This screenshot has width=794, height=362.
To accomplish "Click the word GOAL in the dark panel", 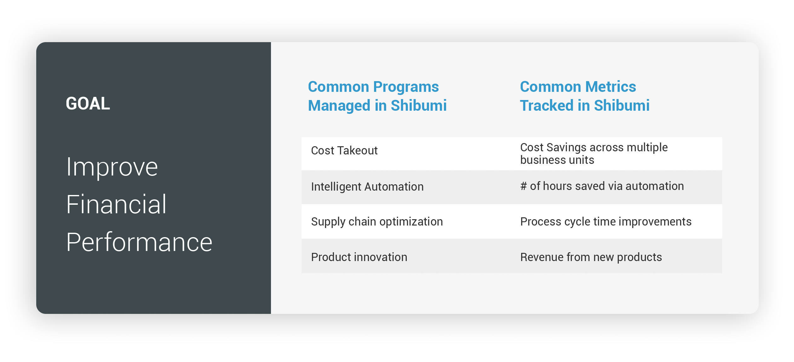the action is click(88, 103).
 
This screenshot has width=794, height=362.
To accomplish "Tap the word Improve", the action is click(112, 167).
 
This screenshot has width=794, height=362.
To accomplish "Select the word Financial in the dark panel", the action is click(116, 204).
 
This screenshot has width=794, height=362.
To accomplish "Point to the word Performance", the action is click(139, 242).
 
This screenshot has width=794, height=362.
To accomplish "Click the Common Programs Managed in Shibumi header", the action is click(377, 96).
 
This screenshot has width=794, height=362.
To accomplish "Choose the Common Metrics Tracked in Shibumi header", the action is click(585, 96).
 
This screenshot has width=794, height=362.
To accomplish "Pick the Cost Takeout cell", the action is click(344, 151).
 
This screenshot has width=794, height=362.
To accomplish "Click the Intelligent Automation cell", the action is click(367, 187).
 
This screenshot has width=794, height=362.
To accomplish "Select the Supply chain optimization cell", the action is click(377, 222).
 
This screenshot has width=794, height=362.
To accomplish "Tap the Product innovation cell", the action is click(359, 257).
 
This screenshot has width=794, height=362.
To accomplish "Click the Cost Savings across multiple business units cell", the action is click(594, 153).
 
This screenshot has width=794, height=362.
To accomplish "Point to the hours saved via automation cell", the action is click(602, 186).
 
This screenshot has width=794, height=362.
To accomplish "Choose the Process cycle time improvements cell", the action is click(606, 222).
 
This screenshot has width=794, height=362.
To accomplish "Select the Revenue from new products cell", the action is click(591, 257).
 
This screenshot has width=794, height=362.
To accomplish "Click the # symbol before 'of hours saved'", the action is click(523, 186).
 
